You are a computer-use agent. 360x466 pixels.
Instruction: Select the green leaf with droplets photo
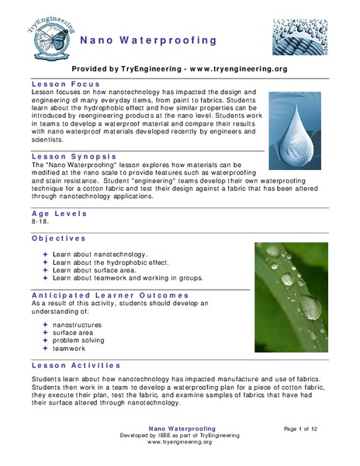point(291,297)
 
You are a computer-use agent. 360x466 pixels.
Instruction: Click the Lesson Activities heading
point(76,364)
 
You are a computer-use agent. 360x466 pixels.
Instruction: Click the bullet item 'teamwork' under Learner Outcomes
point(73,349)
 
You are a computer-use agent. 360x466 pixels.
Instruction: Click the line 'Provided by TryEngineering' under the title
point(179,68)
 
